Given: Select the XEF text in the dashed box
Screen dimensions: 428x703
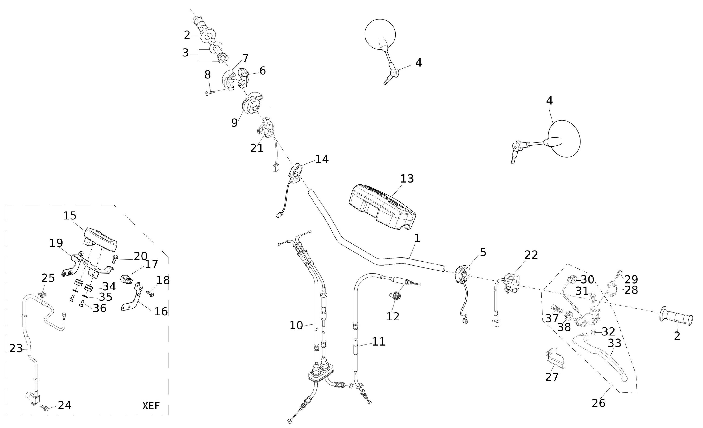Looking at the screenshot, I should click(151, 406).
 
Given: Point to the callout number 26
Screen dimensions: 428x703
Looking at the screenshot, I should click(598, 403).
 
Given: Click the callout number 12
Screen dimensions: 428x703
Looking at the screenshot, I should click(393, 316).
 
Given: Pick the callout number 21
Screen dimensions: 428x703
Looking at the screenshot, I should click(257, 148).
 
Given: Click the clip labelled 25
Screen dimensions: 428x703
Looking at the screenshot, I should click(42, 293).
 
